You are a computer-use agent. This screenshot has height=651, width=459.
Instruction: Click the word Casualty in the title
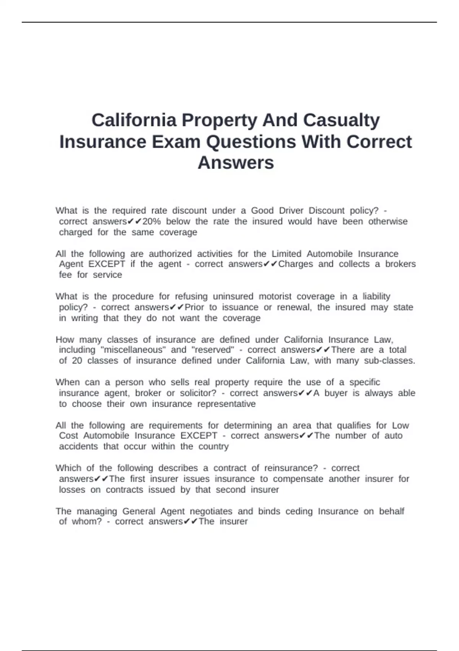coord(341,120)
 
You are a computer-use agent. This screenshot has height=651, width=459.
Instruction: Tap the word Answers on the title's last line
coord(236,162)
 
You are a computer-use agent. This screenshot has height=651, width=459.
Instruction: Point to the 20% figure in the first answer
coord(151,221)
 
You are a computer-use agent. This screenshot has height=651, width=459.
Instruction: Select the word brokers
coord(400,264)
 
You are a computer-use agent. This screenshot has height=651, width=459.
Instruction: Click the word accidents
coord(78,447)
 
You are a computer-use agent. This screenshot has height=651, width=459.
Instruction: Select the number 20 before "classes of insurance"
coord(77,360)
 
